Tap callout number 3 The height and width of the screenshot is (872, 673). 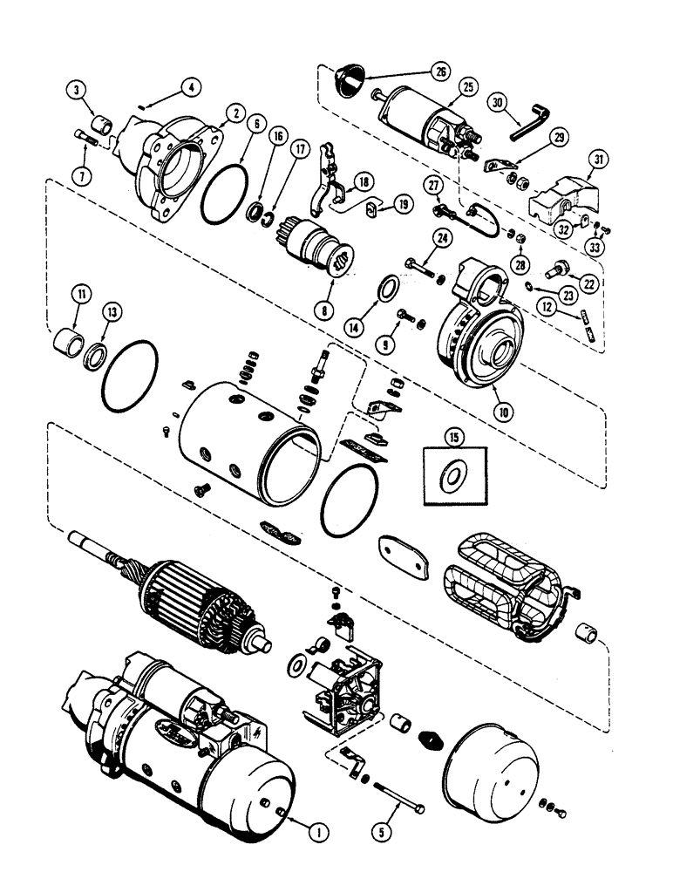(x=78, y=91)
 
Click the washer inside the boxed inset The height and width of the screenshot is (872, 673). (x=452, y=477)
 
